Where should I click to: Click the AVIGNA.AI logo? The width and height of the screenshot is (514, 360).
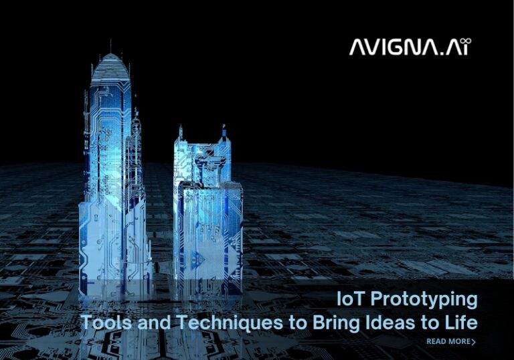[410, 47]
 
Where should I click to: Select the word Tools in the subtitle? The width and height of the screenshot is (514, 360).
[105, 323]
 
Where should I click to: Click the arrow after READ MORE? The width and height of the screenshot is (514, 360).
[474, 342]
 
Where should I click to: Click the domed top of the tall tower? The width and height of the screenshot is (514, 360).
[110, 67]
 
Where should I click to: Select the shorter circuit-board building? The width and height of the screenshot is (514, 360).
[207, 207]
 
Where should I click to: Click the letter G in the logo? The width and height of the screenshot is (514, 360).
[401, 48]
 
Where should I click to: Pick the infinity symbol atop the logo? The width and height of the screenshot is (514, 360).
[468, 41]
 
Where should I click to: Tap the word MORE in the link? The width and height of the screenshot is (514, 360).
[458, 342]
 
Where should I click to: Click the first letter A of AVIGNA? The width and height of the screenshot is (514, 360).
[359, 48]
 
